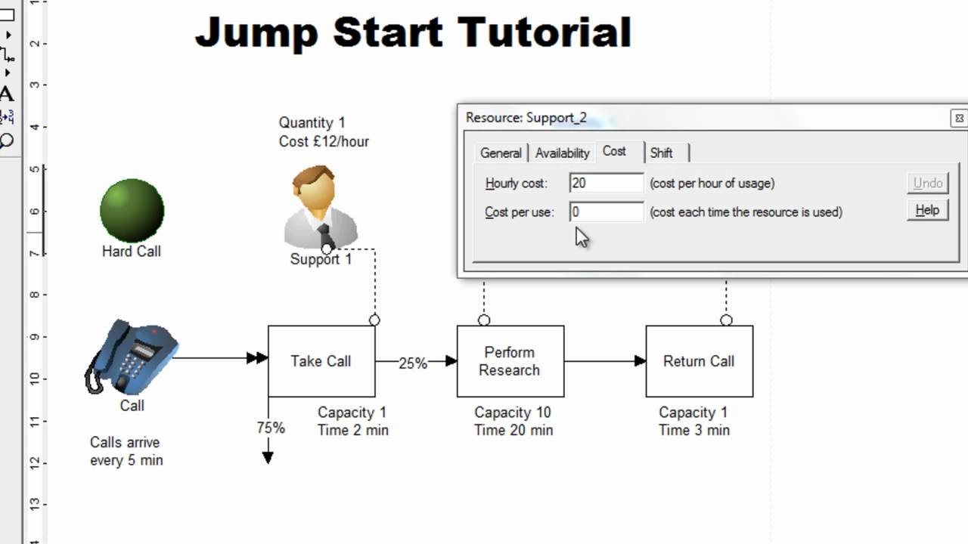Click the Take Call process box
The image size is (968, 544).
click(321, 361)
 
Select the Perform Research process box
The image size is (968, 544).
click(510, 361)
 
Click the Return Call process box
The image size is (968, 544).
click(699, 361)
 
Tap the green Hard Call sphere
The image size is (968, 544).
click(132, 211)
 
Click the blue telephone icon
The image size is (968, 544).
click(132, 356)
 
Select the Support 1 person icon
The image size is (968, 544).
click(321, 208)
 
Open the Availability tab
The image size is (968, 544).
click(562, 153)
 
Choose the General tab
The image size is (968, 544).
click(501, 153)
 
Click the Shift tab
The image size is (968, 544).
click(661, 153)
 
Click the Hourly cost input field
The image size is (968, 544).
click(606, 183)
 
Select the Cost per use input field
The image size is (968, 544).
click(606, 212)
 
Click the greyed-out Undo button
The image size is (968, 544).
click(927, 183)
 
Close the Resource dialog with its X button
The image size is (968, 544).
click(958, 119)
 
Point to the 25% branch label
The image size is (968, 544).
click(413, 363)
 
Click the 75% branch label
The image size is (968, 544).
click(270, 428)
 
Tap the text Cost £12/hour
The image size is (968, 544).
click(324, 141)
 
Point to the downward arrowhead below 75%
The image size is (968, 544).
click(268, 457)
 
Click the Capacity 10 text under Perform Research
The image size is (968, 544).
click(513, 413)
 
